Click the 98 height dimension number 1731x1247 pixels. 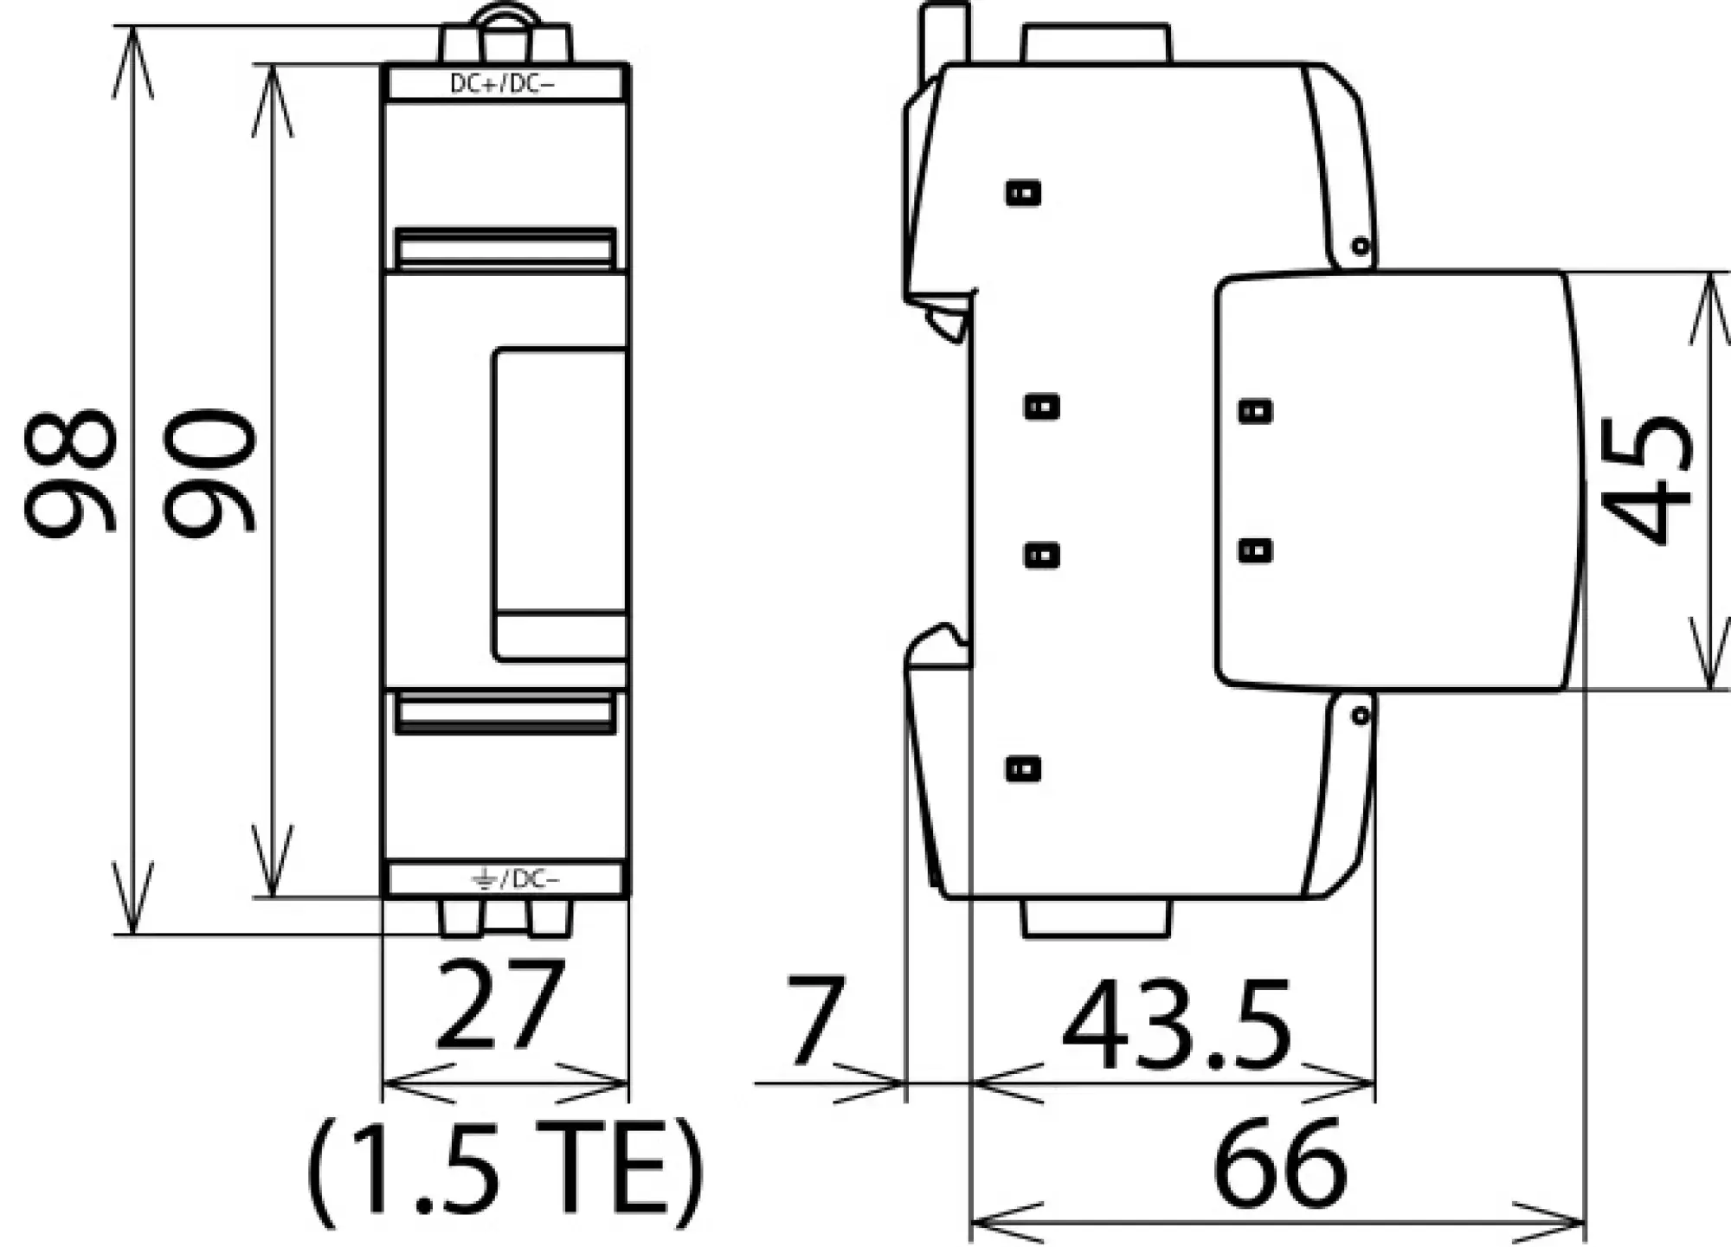point(69,474)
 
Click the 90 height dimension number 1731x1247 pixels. point(209,474)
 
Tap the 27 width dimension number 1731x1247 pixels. point(499,1004)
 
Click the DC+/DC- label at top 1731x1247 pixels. point(502,84)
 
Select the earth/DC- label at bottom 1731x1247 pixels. point(516,879)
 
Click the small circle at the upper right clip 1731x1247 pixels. point(1360,247)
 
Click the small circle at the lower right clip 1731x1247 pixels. point(1360,716)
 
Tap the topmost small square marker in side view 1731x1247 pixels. point(1023,192)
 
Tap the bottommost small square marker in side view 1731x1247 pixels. point(1023,768)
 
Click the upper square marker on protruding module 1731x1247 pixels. point(1255,410)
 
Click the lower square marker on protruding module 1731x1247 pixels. point(1255,550)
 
